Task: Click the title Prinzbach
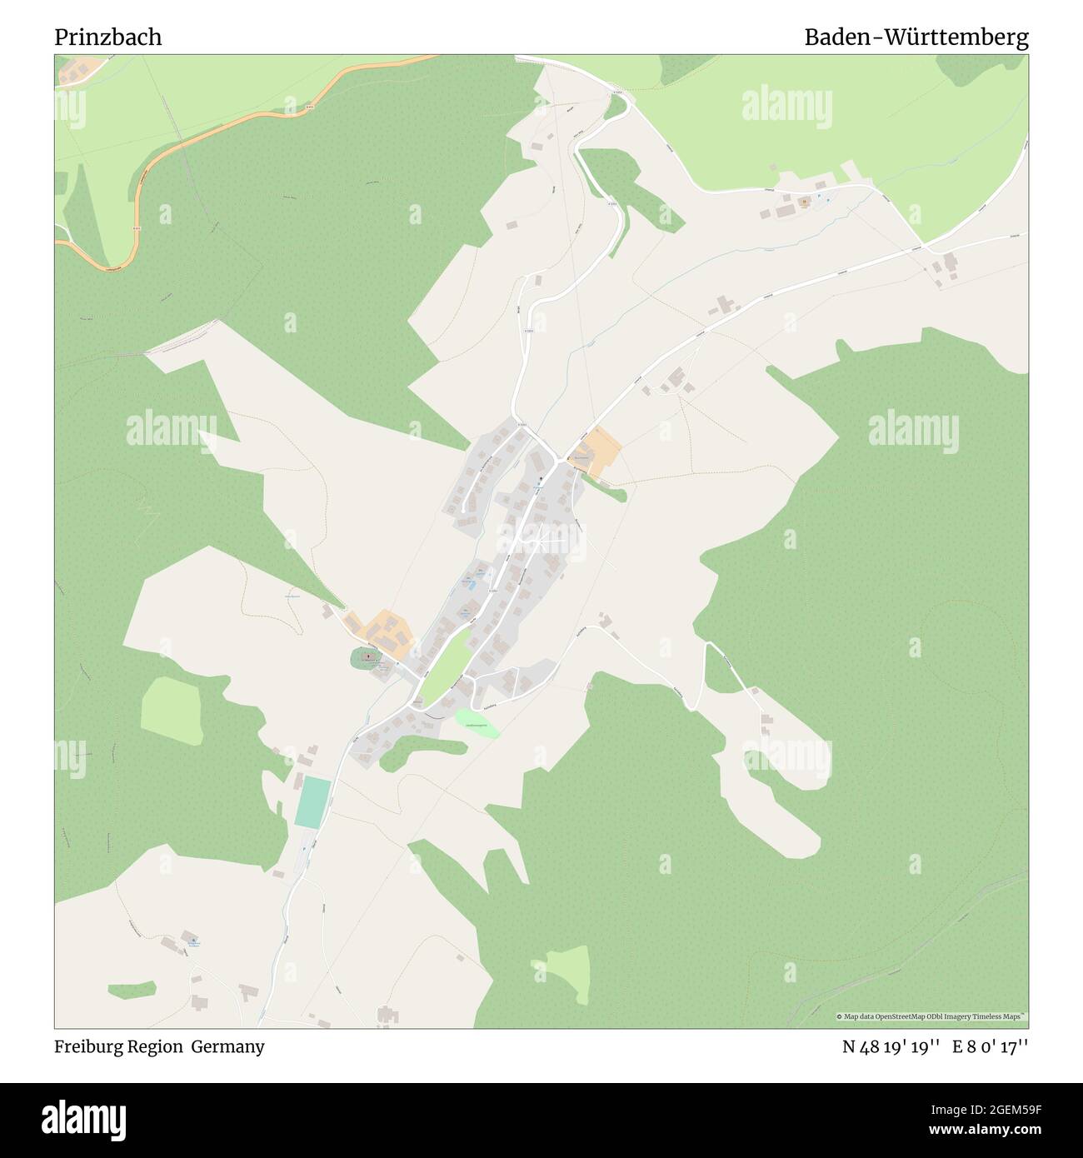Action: click(108, 37)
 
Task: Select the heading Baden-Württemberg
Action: click(916, 37)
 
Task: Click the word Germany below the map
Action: click(227, 1046)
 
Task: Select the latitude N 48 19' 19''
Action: click(891, 1046)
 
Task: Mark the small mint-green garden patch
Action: click(477, 723)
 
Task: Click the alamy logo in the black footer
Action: click(83, 1117)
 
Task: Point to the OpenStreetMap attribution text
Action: click(931, 1016)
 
